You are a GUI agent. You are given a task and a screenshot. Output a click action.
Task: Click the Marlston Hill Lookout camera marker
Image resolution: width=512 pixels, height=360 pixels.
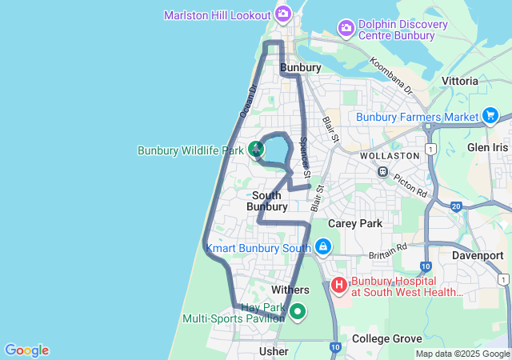pos(282,14)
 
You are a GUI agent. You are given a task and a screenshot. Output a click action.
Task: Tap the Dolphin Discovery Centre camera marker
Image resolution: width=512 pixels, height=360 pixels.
pos(346,28)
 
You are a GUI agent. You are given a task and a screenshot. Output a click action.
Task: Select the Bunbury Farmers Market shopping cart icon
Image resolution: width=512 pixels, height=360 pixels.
pos(490,117)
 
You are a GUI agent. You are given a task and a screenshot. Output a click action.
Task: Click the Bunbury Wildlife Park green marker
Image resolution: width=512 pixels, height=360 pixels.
pos(255,149)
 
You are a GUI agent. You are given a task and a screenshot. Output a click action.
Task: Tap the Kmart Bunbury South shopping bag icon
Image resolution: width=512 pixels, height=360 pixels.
pos(322,247)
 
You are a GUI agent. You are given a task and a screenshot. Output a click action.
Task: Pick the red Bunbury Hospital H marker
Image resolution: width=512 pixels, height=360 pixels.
pos(338,284)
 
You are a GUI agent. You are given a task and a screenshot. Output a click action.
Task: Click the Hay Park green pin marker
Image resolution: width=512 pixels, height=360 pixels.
pos(298,311)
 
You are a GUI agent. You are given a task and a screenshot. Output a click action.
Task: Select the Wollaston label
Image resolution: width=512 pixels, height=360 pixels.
pos(390,155)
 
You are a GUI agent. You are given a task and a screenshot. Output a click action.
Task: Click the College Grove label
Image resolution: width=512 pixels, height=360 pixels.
pos(386,339)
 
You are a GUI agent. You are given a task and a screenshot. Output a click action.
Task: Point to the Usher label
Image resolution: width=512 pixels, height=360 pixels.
pos(274,351)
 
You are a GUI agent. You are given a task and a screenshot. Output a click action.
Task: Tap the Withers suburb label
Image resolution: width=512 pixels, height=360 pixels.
pos(290,289)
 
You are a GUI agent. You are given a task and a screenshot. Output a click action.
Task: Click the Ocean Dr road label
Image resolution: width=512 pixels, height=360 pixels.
pos(247,102)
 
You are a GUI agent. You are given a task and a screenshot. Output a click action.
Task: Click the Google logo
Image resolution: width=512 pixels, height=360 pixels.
pos(26,350)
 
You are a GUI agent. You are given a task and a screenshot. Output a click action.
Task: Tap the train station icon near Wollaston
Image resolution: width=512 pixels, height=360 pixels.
pos(383,172)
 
